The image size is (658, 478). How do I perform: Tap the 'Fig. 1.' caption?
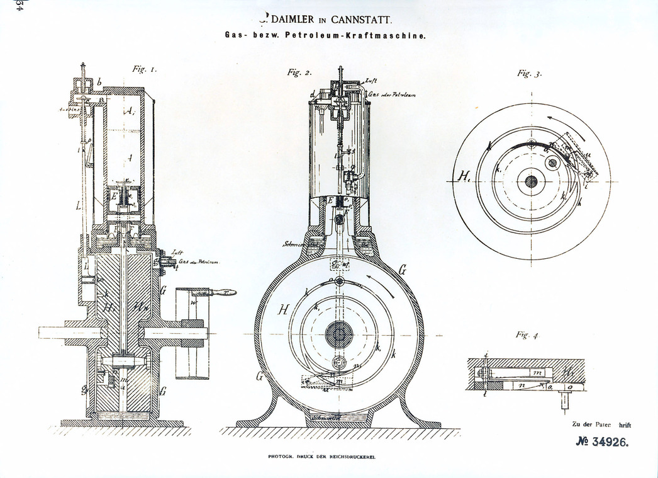pos(145,69)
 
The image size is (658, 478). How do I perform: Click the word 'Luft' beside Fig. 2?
pos(371,82)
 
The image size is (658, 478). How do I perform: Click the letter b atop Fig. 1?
pos(99,82)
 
